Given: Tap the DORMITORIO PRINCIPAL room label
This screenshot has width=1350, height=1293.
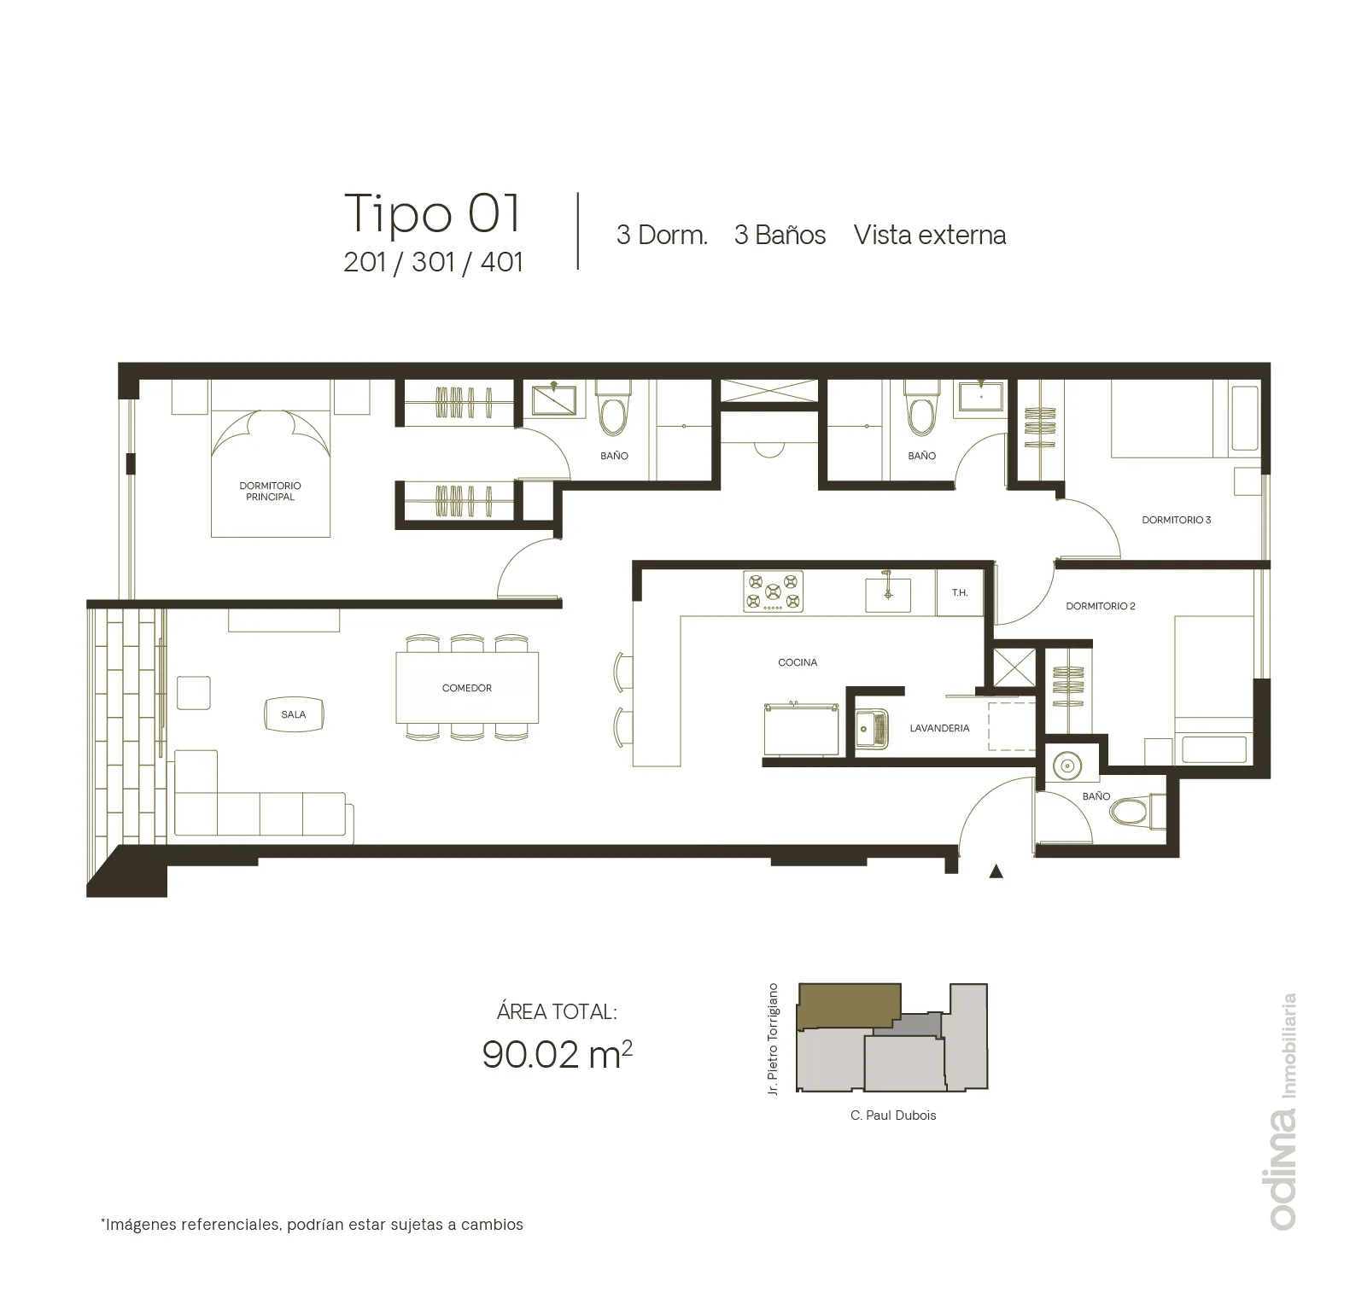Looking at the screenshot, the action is tap(270, 491).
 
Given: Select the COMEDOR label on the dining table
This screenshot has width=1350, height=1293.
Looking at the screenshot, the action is tap(467, 688).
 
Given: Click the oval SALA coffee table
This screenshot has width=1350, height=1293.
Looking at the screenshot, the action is tap(293, 714).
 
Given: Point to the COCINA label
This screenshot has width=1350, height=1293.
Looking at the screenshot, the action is tap(798, 662).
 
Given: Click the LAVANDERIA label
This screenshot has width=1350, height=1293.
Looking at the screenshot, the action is tap(939, 728).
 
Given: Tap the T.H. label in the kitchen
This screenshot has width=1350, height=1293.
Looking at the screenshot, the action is tap(960, 592).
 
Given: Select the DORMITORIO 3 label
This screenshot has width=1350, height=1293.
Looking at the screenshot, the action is tap(1176, 520).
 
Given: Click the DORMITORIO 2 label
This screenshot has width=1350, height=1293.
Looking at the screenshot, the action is tap(1101, 606).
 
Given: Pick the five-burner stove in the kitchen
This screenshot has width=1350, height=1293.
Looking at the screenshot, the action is tap(773, 591).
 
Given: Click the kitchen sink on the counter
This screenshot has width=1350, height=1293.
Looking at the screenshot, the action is tap(887, 593).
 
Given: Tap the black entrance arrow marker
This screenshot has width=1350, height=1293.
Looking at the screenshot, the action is tap(996, 871).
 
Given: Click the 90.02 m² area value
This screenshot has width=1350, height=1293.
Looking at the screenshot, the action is tap(557, 1054).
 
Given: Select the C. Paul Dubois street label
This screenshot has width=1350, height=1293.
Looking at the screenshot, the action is tap(893, 1115).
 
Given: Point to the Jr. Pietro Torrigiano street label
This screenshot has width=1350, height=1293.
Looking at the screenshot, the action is tap(773, 1040).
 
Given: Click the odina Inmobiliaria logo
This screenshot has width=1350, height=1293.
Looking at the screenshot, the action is tap(1283, 1111).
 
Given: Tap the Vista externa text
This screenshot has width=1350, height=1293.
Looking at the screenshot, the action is tap(930, 235).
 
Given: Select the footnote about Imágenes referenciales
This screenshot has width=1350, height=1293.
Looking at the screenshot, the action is tap(312, 1225).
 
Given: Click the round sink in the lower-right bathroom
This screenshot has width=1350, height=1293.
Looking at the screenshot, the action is tap(1067, 766).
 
